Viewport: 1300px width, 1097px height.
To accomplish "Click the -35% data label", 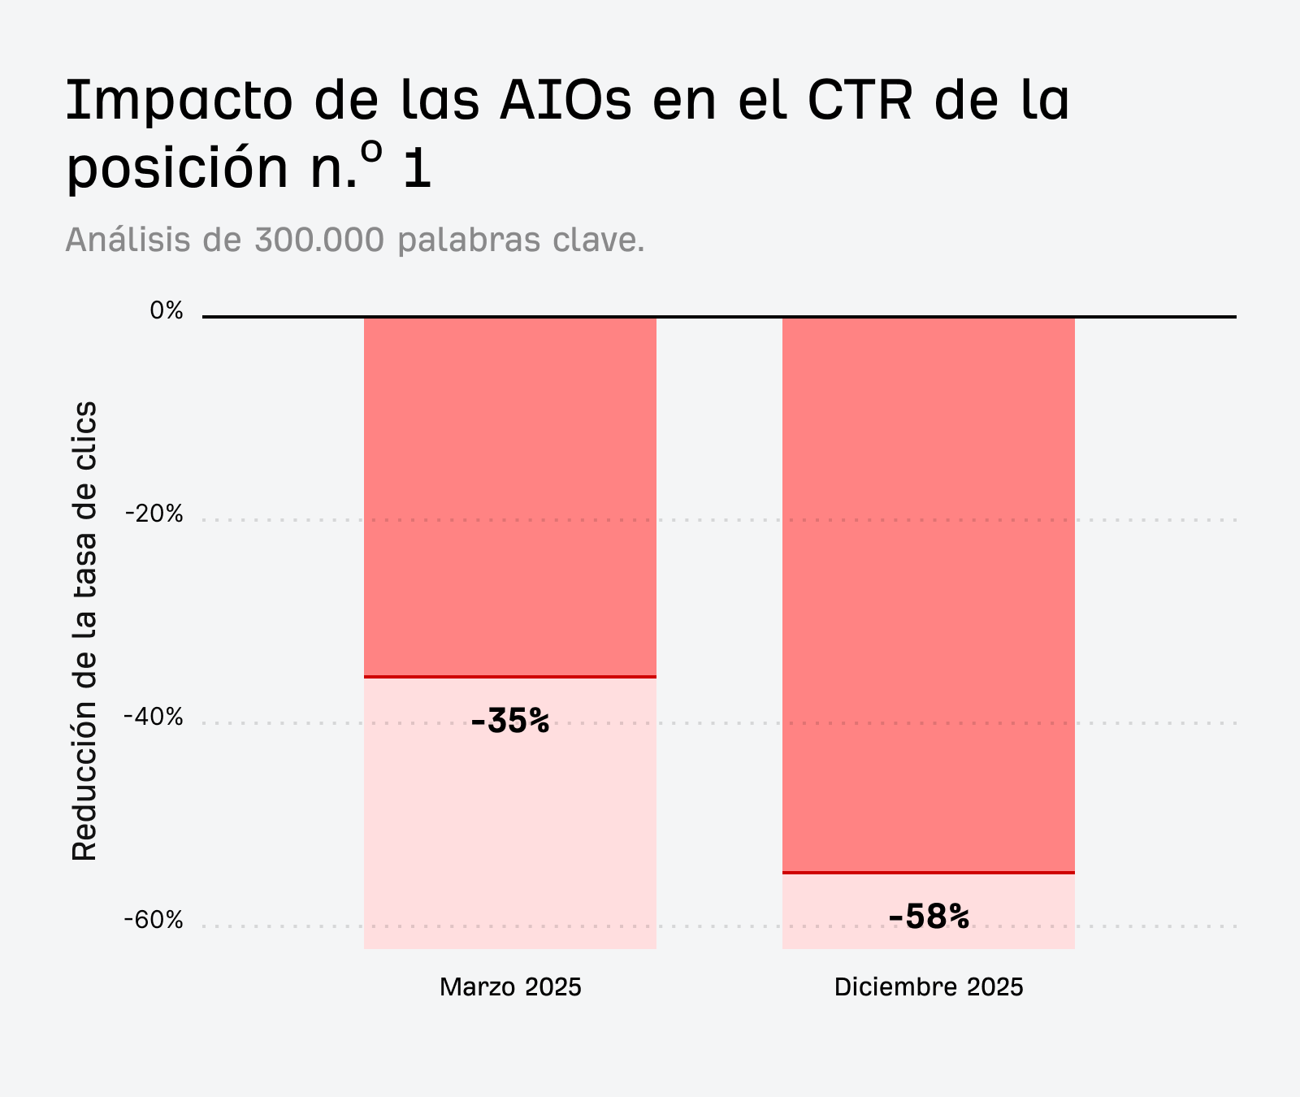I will tap(509, 721).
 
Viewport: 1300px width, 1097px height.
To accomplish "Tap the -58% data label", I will tap(928, 917).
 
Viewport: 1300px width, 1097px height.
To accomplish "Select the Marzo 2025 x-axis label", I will tap(510, 987).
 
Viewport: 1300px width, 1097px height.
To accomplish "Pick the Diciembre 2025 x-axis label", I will tap(929, 987).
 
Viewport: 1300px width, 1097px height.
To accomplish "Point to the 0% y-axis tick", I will tap(167, 310).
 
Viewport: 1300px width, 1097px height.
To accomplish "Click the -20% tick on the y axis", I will tap(154, 514).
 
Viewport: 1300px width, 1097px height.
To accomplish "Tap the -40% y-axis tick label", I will tap(154, 717).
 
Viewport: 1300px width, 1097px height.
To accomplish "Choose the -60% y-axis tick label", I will tap(154, 920).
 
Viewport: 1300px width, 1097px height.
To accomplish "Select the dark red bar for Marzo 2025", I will tap(509, 496).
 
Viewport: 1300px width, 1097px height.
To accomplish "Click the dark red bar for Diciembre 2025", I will tap(928, 593).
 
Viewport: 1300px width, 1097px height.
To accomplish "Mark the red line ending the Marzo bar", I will tap(509, 676).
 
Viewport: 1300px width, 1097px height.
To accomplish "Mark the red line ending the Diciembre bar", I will tap(928, 873).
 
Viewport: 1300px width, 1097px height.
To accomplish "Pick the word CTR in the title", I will tap(860, 102).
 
